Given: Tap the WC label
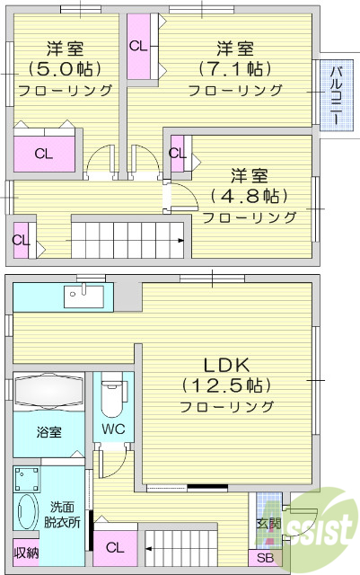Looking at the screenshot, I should click(x=113, y=429).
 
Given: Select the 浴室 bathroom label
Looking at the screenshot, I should click(x=49, y=432).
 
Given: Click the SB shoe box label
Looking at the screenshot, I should click(x=266, y=558).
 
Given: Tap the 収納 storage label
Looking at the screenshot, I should click(x=26, y=553).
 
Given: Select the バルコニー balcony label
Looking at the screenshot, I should click(x=334, y=94).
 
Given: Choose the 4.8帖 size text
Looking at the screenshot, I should click(x=249, y=195).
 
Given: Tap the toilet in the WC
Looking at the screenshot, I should click(x=113, y=395).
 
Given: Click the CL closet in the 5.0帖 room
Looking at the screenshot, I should click(x=43, y=153).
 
